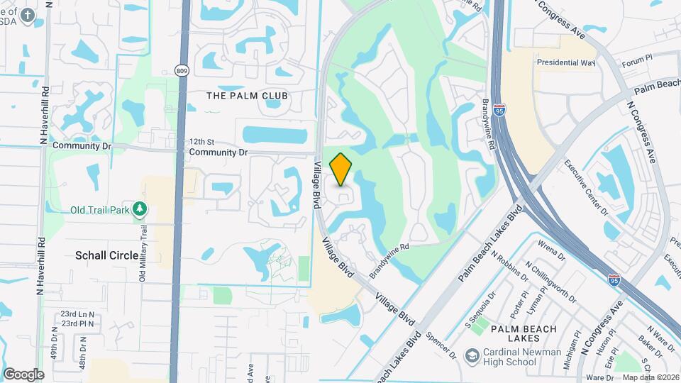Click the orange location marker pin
[x=341, y=169]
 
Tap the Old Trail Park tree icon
[x=140, y=209]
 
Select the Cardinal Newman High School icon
[x=471, y=355]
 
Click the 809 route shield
[x=182, y=70]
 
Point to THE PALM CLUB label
[x=247, y=95]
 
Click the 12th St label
[x=201, y=142]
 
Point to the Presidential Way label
[x=565, y=62]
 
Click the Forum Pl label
[x=636, y=64]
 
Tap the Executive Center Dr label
[x=587, y=187]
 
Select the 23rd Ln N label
[x=77, y=313]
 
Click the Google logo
[x=23, y=374]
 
